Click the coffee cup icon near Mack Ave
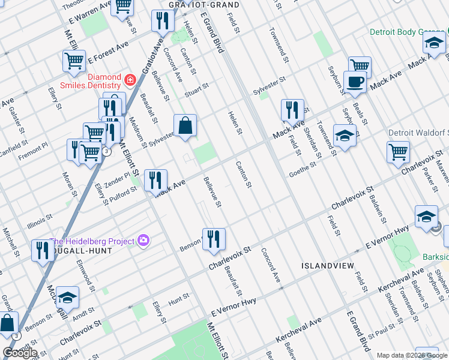pos(355,82)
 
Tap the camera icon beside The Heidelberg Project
pos(143,241)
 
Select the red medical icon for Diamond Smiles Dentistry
pos(129,79)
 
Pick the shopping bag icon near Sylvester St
pos(185,126)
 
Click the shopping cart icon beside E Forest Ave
pos(74,61)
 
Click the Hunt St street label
pos(178,297)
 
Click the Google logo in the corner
pos(20,353)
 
